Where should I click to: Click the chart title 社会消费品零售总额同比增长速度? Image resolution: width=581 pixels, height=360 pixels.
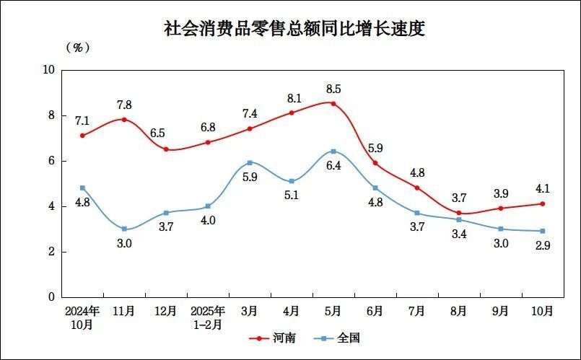pos(294,29)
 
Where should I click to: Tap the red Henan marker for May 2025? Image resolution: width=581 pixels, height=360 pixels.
pos(333,103)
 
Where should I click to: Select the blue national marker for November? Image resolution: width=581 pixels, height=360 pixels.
pos(124,229)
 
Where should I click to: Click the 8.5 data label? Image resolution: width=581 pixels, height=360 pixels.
pos(333,89)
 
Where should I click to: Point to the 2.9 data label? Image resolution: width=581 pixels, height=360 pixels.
pos(542,245)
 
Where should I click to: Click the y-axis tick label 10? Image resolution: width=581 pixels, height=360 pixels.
pos(48,70)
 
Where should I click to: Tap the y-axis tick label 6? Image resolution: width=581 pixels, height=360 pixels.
pos(51,161)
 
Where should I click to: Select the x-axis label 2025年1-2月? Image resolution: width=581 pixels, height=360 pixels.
pos(208,317)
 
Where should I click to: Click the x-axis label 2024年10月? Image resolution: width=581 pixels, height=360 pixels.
pos(82,317)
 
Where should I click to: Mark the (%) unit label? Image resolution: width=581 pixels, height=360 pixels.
pos(77,48)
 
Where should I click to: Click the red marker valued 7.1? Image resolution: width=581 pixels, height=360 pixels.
pos(83,136)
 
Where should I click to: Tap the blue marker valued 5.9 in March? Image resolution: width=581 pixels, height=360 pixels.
pos(250,163)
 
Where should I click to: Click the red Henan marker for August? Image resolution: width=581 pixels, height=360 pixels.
pos(459,213)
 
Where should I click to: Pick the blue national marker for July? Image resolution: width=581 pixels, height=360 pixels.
pos(417,213)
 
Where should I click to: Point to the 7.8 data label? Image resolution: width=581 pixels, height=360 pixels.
pos(124,105)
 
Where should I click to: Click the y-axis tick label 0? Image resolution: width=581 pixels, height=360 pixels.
pos(51,297)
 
